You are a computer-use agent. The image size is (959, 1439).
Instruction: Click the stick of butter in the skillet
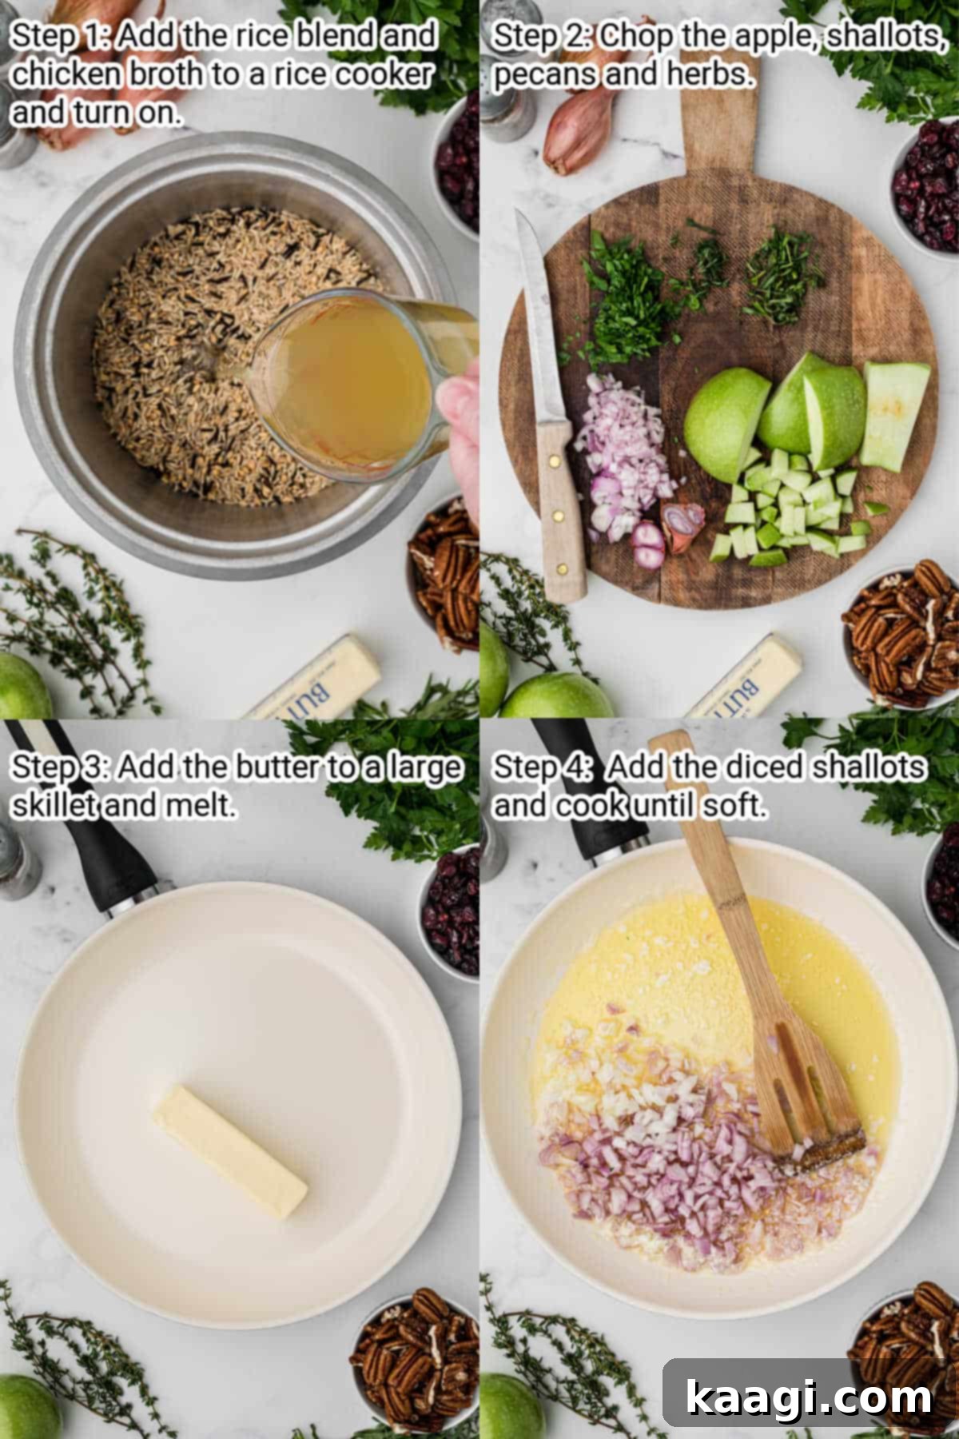(x=230, y=1151)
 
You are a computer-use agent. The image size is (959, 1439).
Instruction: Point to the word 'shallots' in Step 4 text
(x=868, y=767)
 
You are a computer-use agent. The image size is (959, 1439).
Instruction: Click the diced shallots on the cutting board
(x=623, y=456)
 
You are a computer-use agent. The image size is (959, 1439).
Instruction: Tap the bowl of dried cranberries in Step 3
(x=452, y=911)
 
